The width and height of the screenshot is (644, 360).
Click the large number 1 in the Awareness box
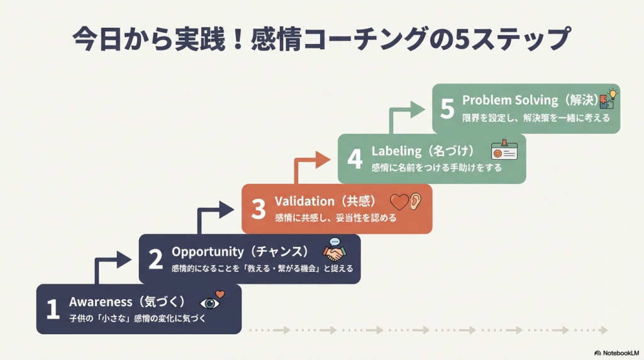click(x=53, y=309)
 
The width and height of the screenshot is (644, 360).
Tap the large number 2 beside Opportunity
click(x=155, y=259)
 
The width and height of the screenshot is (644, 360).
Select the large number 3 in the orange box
click(x=258, y=209)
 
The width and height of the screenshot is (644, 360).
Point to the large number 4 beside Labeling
click(x=355, y=159)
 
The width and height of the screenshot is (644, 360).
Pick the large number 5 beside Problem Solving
click(x=447, y=109)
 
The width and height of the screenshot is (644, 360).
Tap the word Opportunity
click(x=208, y=252)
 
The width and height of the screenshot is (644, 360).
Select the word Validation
click(x=304, y=201)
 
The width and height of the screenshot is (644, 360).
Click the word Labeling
click(x=396, y=151)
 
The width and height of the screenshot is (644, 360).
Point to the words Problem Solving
click(x=510, y=100)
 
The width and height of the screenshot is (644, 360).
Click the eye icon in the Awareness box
click(x=210, y=303)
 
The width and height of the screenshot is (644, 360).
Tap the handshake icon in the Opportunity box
click(x=335, y=252)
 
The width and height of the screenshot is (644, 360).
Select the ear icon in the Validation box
click(x=415, y=201)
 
